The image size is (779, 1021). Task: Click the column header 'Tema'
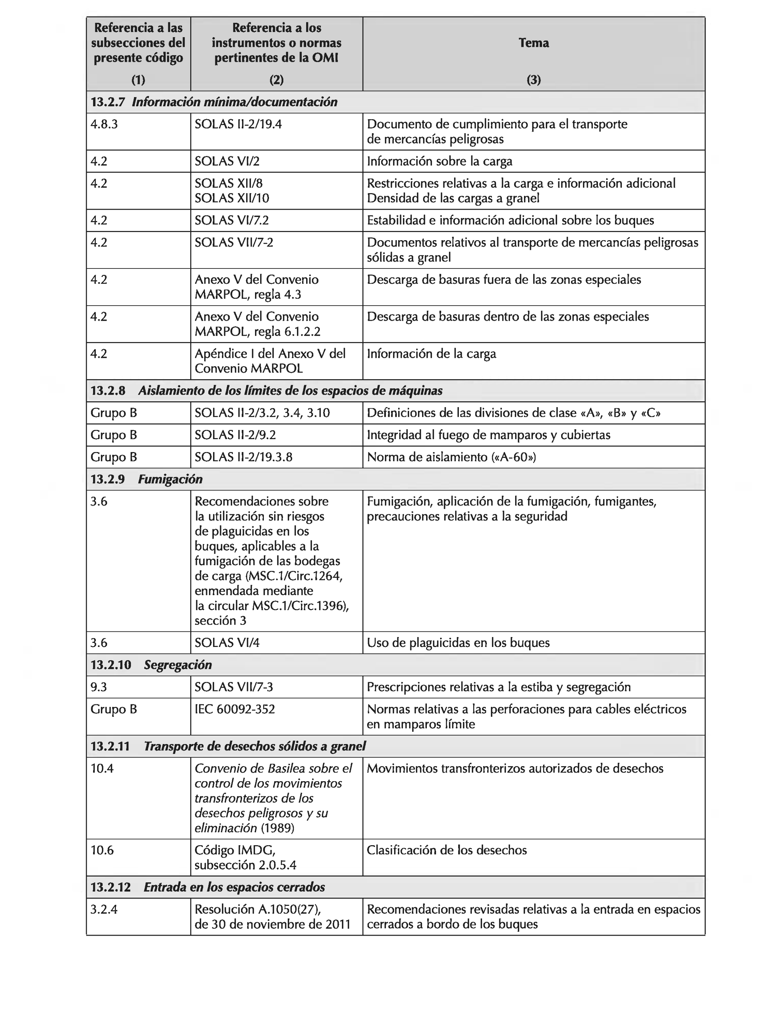pos(533,43)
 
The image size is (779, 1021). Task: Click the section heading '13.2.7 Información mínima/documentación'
pos(214,102)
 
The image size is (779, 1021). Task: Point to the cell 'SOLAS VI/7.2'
pos(231,220)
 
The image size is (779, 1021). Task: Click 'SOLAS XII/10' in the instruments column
pos(231,198)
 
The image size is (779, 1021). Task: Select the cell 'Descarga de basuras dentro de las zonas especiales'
pos(507,317)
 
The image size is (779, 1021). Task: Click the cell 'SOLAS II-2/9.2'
pos(235,435)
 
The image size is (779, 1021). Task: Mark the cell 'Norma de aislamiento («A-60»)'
pos(451,457)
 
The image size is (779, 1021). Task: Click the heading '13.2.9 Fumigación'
pos(146,479)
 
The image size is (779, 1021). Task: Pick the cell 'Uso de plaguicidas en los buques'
pos(458,643)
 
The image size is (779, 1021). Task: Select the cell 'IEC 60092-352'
pos(235,709)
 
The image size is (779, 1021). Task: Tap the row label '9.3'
pos(98,687)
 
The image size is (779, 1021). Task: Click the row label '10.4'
pos(102,768)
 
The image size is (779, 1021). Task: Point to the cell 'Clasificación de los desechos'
pos(446,850)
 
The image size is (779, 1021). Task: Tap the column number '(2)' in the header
pos(276,80)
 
